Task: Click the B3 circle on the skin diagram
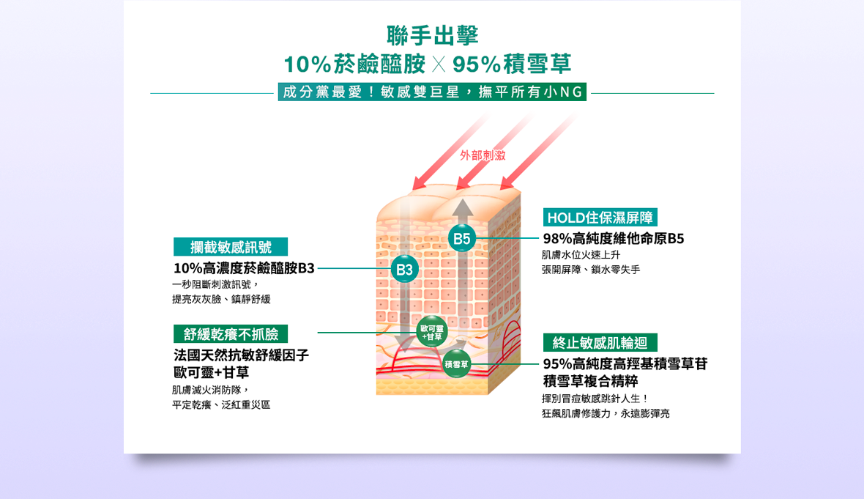[404, 270]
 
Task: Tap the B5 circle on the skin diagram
[461, 239]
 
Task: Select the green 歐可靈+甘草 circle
[431, 332]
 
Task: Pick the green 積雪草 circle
[456, 364]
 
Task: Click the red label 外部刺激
[483, 155]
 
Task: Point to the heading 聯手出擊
[432, 35]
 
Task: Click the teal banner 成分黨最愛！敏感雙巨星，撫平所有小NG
[432, 92]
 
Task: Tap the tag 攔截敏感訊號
[231, 247]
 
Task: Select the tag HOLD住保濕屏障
[600, 218]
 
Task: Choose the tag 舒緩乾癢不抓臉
[231, 334]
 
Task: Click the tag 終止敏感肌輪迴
[600, 343]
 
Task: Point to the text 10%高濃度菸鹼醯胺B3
[244, 268]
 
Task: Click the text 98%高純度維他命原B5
[613, 239]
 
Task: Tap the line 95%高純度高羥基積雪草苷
[625, 364]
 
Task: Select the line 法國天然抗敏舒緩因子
[241, 355]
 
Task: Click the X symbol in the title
[438, 64]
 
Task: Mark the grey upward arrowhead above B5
[462, 209]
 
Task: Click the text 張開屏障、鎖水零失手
[590, 270]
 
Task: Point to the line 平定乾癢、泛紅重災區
[220, 404]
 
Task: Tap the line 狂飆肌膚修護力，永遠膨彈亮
[605, 413]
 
